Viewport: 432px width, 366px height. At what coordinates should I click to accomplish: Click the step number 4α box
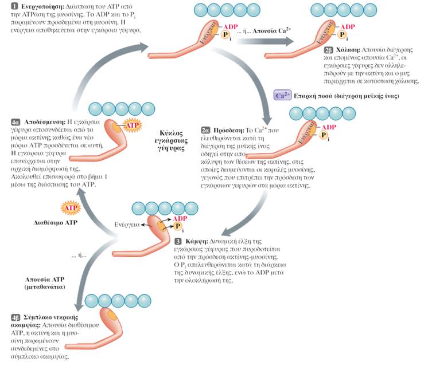click(x=15, y=123)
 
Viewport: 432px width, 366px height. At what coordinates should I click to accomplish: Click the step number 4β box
click(x=15, y=318)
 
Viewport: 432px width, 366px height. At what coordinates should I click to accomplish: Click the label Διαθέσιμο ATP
click(x=55, y=220)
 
